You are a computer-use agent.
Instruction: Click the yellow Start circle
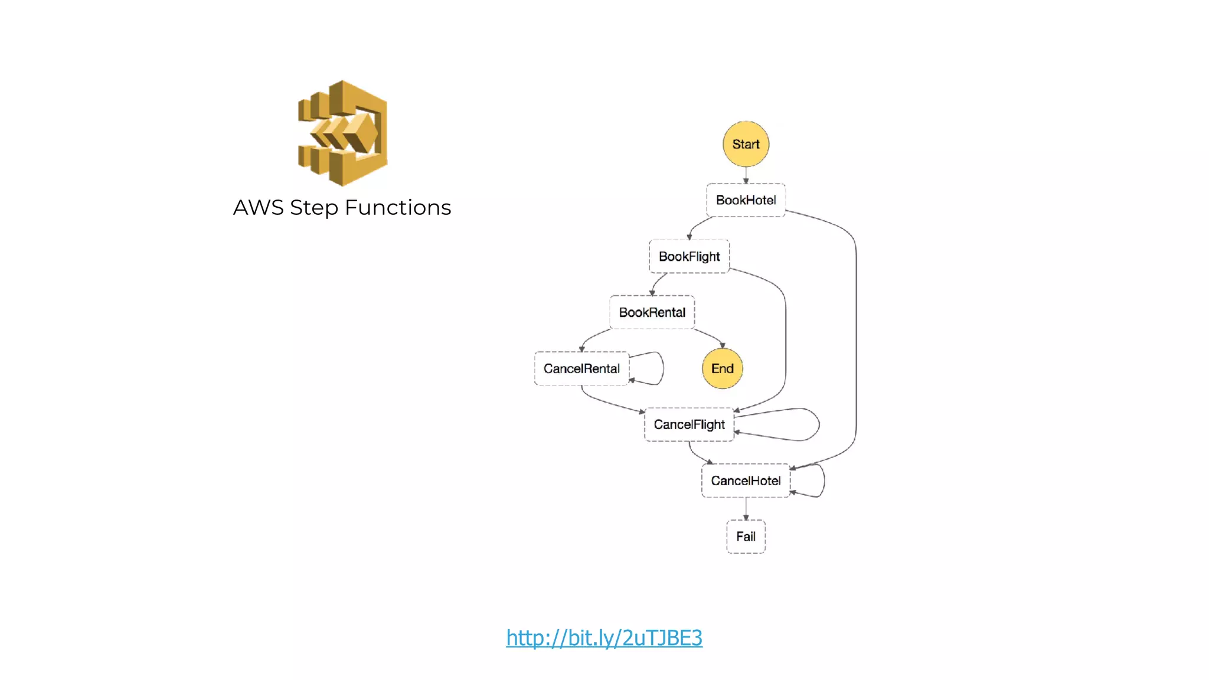(x=746, y=144)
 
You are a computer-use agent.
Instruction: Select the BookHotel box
(x=746, y=200)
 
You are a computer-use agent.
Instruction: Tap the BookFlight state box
(x=689, y=256)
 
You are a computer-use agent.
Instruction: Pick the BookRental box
(x=652, y=312)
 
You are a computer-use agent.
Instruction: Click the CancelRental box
(x=581, y=368)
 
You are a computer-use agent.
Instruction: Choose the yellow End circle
(x=722, y=368)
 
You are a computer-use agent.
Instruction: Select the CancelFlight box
(x=689, y=424)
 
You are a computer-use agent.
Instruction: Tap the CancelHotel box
(x=746, y=480)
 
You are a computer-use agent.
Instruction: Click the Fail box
(x=746, y=537)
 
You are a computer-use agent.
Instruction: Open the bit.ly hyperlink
(x=604, y=638)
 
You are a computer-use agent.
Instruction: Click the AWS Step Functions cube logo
(x=343, y=133)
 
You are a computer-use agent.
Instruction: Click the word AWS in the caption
(x=258, y=208)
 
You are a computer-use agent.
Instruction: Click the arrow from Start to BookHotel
(x=746, y=175)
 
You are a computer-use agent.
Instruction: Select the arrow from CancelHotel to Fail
(x=746, y=509)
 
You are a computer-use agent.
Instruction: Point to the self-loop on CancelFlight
(x=818, y=424)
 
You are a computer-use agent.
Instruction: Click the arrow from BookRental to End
(x=710, y=337)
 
